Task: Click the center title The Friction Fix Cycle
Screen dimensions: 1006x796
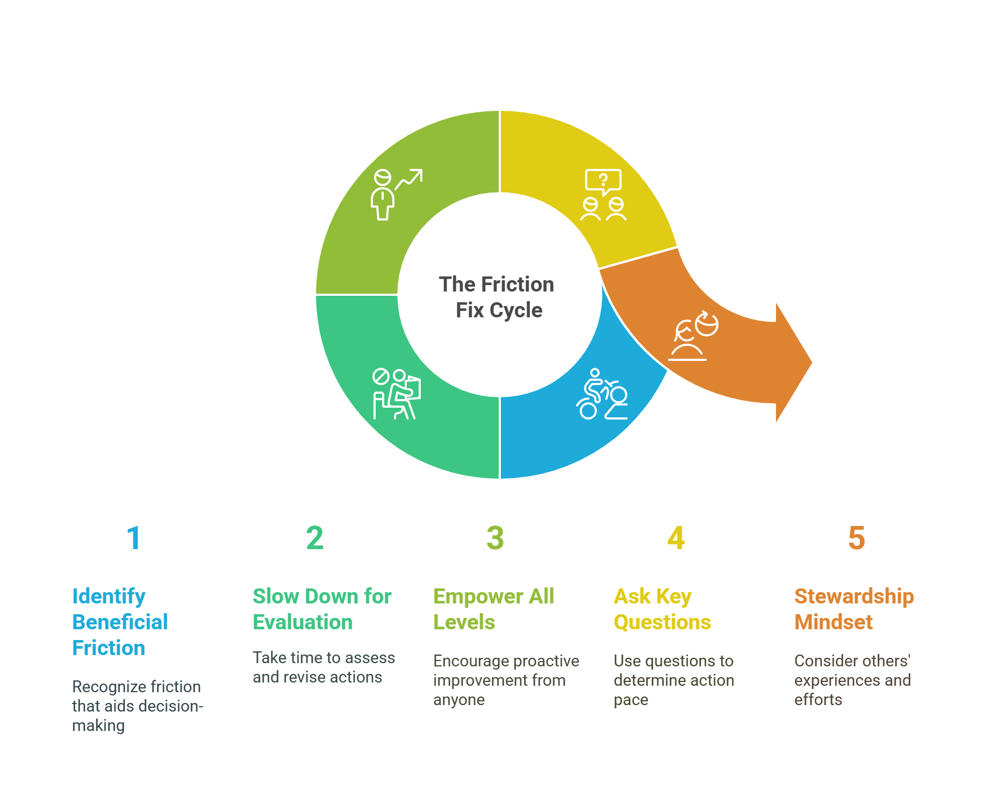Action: point(497,297)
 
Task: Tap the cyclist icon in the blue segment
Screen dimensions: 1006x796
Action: point(602,394)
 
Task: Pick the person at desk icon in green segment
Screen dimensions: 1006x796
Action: point(397,394)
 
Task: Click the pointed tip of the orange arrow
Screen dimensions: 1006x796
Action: point(812,363)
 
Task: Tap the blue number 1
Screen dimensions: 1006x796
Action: point(134,538)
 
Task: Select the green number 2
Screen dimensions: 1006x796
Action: point(315,538)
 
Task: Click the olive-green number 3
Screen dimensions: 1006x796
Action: point(495,538)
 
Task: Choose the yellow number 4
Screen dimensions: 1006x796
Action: point(676,538)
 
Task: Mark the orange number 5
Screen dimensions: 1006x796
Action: point(857,538)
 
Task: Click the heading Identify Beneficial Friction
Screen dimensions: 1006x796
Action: point(120,622)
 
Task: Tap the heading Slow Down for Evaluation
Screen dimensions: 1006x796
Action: point(322,609)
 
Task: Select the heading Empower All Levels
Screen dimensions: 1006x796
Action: point(493,609)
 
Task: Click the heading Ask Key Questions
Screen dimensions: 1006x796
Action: point(662,609)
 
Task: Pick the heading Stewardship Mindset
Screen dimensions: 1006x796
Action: point(854,609)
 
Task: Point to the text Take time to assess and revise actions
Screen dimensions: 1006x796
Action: point(324,667)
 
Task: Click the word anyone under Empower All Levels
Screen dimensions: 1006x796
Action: point(459,700)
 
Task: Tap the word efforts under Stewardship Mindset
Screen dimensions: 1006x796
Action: point(818,699)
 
